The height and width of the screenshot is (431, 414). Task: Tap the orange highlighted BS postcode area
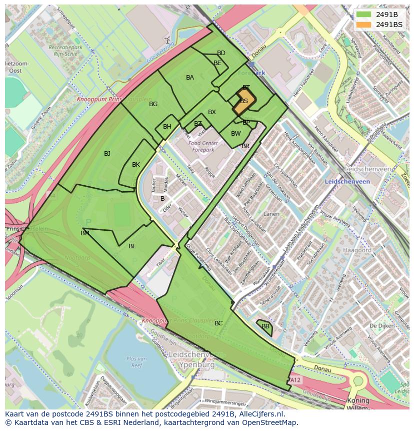(x=244, y=102)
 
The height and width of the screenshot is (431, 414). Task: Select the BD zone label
(x=221, y=53)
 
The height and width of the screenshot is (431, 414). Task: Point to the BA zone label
(x=190, y=78)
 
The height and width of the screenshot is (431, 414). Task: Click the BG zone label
(x=153, y=104)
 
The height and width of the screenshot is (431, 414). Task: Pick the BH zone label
(x=167, y=127)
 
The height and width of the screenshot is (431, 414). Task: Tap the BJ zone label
(x=107, y=154)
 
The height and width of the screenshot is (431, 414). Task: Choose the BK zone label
(x=136, y=165)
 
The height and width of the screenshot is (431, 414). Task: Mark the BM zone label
(x=85, y=233)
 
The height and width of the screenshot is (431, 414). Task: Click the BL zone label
(x=132, y=246)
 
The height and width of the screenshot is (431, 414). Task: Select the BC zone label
(x=218, y=323)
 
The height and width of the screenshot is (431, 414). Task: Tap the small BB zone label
(x=265, y=326)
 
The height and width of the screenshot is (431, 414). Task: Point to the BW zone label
(x=236, y=134)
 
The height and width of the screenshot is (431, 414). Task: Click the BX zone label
(x=212, y=112)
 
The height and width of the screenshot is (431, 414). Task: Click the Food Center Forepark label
(x=201, y=146)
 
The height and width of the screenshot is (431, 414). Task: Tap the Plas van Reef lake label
(x=136, y=361)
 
